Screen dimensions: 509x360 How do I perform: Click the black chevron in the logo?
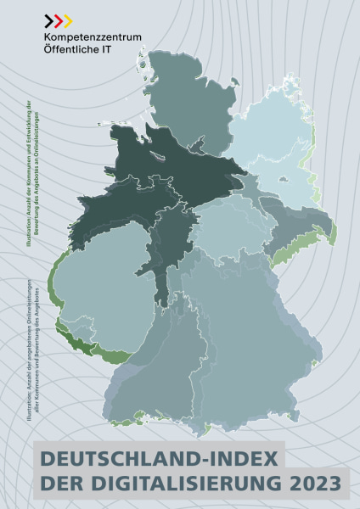(x=48, y=20)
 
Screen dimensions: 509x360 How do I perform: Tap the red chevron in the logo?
(x=57, y=20)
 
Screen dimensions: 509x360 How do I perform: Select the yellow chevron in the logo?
(x=66, y=20)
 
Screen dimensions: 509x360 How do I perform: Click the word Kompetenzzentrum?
(x=93, y=37)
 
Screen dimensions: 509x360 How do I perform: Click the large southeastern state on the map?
(x=255, y=339)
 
